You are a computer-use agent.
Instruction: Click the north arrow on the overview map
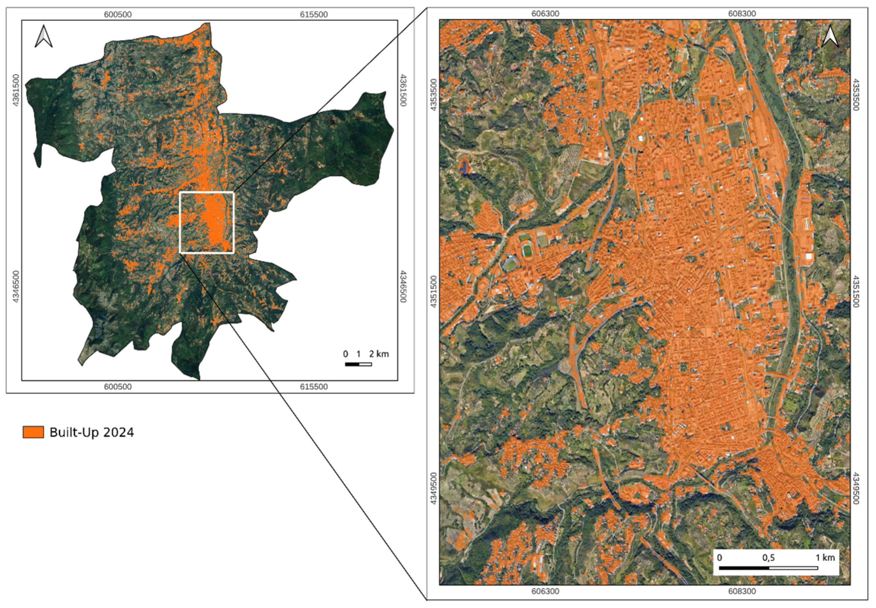point(43,36)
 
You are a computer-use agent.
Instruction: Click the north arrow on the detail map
point(830,37)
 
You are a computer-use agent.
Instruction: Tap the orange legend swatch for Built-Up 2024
point(33,432)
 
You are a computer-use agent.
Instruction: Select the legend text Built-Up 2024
point(91,432)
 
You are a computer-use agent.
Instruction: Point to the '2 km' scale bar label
point(379,354)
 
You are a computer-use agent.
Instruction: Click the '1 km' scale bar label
point(825,557)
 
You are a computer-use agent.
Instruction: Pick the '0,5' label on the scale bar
point(768,557)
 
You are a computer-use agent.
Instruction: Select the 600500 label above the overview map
point(118,14)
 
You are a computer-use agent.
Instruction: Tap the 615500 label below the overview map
point(314,387)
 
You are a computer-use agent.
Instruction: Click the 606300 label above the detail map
point(545,13)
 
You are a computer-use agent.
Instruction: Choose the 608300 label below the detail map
point(742,591)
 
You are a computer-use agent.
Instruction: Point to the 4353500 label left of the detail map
point(433,95)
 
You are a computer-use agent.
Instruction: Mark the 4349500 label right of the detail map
point(856,488)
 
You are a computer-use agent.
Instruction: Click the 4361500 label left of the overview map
point(16,90)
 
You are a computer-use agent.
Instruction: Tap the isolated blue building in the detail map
point(465,167)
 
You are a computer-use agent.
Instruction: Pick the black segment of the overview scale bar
point(352,364)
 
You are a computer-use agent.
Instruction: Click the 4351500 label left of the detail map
point(433,291)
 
